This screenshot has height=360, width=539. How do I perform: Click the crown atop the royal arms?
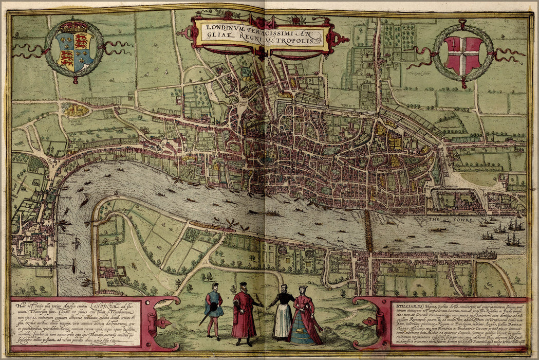pos(75,26)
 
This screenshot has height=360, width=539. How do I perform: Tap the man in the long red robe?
pos(244,314)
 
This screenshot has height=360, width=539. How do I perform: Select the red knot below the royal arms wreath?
pos(75,80)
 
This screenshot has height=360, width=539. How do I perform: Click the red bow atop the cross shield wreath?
pos(462,23)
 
